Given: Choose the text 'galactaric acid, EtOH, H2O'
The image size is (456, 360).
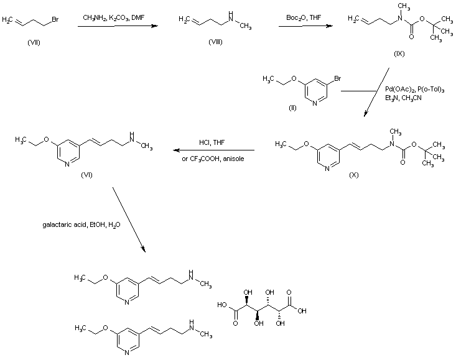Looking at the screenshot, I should point(73,225).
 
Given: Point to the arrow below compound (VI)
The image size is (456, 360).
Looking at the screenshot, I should point(129,218).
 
